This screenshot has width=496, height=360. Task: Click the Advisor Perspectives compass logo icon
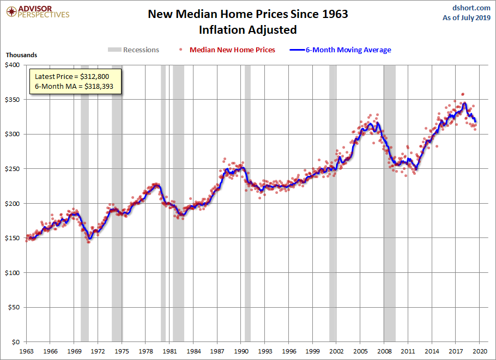[11, 12]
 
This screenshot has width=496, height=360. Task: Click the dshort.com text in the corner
[471, 8]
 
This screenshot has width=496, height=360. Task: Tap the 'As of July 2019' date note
[466, 17]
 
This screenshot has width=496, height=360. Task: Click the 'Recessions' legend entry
[134, 50]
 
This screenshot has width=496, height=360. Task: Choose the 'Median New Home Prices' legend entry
[227, 50]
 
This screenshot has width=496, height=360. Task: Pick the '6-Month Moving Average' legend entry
[340, 50]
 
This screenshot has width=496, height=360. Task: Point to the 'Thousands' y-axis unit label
[21, 55]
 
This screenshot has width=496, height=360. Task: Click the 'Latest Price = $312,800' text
[72, 76]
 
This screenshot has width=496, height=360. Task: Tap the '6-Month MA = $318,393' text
[74, 86]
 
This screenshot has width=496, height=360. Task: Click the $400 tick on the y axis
[13, 65]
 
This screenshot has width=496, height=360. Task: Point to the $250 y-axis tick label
[13, 169]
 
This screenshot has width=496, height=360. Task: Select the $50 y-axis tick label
[14, 307]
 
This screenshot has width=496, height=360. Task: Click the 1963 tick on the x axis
[26, 351]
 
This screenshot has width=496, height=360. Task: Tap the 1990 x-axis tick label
[241, 351]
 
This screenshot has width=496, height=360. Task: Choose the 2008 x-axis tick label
[384, 351]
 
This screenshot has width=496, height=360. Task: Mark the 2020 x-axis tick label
[480, 351]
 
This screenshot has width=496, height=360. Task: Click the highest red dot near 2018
[463, 94]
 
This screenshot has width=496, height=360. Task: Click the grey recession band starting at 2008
[390, 203]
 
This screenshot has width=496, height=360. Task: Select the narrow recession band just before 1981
[163, 203]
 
